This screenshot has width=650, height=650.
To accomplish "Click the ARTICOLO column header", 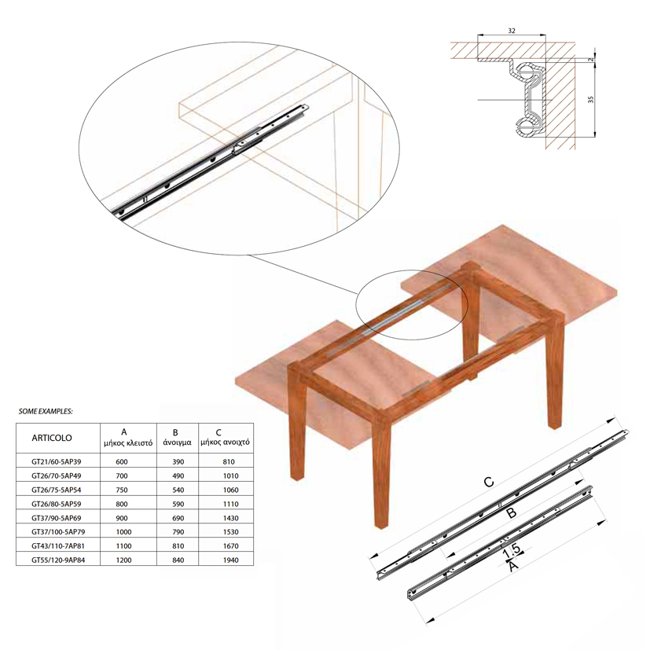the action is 52,438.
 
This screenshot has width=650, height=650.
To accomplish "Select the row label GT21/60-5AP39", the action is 57,461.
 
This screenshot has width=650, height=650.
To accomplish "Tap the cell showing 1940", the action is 231,560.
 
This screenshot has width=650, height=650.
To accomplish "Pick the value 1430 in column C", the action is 231,518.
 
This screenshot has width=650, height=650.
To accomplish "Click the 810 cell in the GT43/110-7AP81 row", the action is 178,546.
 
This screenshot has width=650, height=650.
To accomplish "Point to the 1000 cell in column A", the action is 123,532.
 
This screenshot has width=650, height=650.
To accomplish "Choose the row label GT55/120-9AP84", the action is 58,560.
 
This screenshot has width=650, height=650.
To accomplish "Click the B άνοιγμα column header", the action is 178,437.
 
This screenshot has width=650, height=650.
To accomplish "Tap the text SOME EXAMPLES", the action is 46,412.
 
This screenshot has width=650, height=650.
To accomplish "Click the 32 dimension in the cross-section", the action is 512,31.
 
